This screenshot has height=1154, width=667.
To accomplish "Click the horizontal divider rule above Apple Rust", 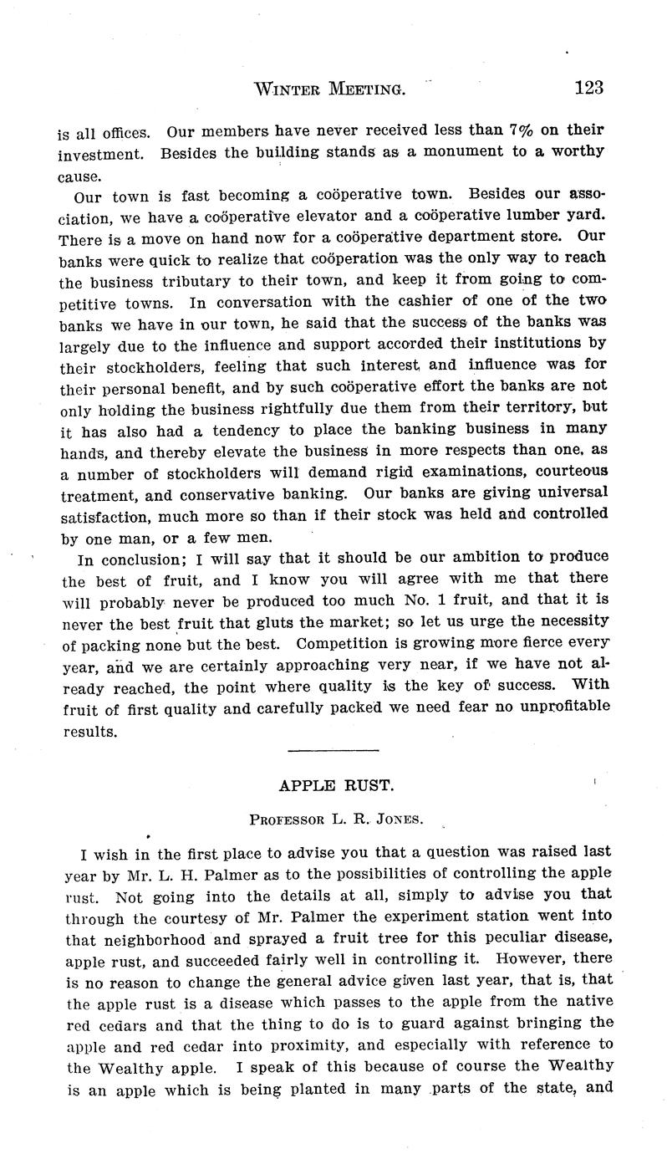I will pos(333,750).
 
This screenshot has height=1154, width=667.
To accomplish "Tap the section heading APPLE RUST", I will pos(332,787).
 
